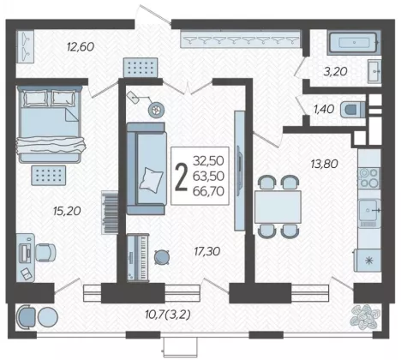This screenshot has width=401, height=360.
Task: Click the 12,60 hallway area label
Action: pyautogui.click(x=81, y=46)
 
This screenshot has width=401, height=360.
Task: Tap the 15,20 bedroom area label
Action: pyautogui.click(x=67, y=211)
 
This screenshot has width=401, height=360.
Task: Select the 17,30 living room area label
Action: pyautogui.click(x=207, y=251)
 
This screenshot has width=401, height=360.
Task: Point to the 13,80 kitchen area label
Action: pyautogui.click(x=324, y=164)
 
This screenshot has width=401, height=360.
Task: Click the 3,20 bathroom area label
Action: pyautogui.click(x=335, y=71)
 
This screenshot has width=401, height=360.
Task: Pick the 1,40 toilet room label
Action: pyautogui.click(x=324, y=109)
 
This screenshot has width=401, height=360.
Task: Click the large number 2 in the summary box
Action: pyautogui.click(x=181, y=177)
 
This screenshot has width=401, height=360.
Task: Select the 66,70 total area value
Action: pyautogui.click(x=208, y=191)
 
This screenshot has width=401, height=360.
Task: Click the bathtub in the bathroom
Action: pyautogui.click(x=354, y=43)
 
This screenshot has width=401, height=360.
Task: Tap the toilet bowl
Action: pyautogui.click(x=352, y=110)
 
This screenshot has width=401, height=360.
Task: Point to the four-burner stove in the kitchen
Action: pyautogui.click(x=369, y=177)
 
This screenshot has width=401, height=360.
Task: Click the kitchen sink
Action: pyautogui.click(x=369, y=210)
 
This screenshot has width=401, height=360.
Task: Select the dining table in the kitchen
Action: pyautogui.click(x=278, y=207)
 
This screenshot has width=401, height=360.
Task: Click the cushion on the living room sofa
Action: pyautogui.click(x=151, y=180)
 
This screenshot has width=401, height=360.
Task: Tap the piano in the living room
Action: pyautogui.click(x=138, y=257)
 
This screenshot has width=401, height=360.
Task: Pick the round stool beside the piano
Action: pyautogui.click(x=162, y=257)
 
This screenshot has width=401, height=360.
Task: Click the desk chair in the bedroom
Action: pyautogui.click(x=45, y=252)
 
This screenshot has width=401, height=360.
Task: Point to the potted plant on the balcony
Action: pyautogui.click(x=366, y=317)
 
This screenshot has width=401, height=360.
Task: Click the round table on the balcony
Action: pyautogui.click(x=48, y=317)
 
